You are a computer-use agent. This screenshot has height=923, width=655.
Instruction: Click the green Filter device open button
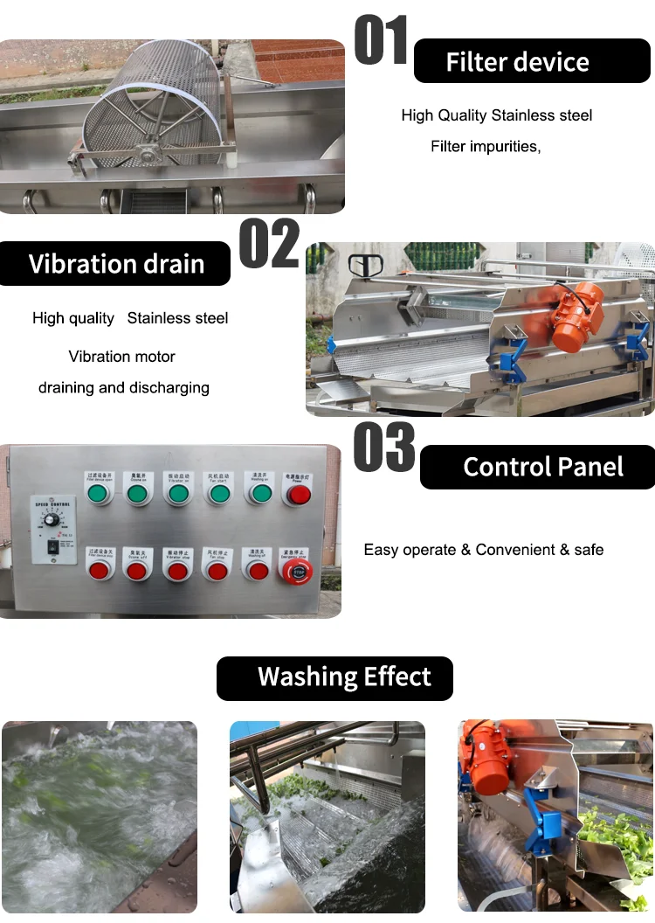tap(98, 495)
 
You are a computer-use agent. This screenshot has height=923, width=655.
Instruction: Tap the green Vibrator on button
tap(178, 495)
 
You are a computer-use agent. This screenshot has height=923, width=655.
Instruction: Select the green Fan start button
tap(219, 495)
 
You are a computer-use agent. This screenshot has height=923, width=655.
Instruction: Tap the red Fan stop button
tap(217, 571)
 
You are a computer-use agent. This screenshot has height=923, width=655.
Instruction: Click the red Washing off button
tap(258, 571)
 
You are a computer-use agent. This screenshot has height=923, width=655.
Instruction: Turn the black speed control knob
tap(52, 520)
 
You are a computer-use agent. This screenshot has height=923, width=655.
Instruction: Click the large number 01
tap(381, 41)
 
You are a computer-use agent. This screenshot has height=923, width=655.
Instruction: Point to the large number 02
tap(269, 245)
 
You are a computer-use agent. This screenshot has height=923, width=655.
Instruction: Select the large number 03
tap(384, 448)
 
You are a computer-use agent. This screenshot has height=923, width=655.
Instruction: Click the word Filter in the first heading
tap(477, 62)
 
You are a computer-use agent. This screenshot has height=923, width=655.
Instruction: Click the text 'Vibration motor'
tap(122, 357)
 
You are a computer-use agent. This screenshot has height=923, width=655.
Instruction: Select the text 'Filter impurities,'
tap(486, 147)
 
